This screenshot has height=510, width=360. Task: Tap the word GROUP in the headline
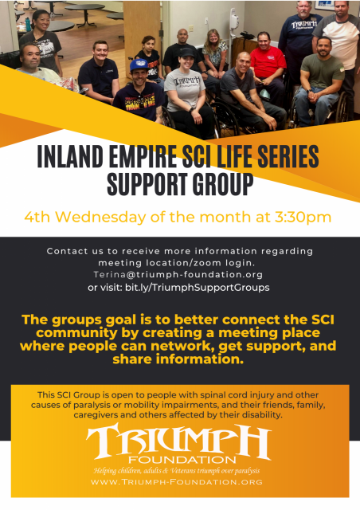click(223, 184)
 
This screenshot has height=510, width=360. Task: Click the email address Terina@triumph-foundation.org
click(178, 274)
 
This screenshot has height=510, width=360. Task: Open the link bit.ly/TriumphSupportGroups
click(197, 288)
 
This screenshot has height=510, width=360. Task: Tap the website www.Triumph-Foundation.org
click(177, 481)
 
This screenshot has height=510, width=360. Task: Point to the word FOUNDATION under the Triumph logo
click(182, 460)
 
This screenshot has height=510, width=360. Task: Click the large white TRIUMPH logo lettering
click(178, 440)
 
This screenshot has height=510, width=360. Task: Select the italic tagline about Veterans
click(177, 471)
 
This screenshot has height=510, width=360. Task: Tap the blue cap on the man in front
click(139, 65)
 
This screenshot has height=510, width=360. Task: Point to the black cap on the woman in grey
click(186, 53)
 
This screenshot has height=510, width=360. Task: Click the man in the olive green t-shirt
click(319, 82)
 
